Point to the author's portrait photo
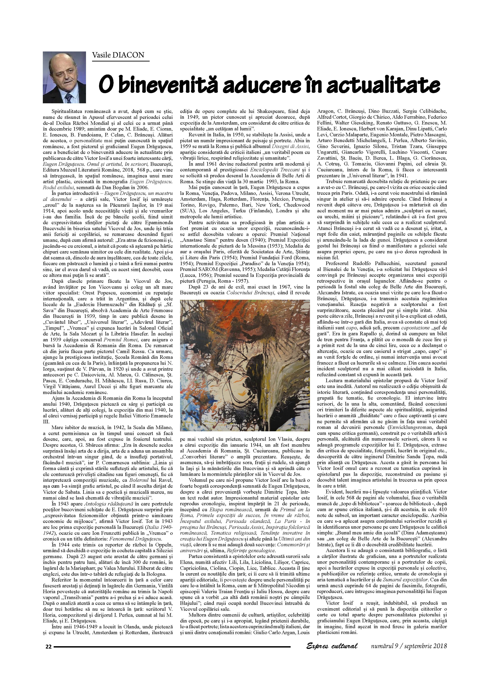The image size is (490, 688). pyautogui.click(x=64, y=77)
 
